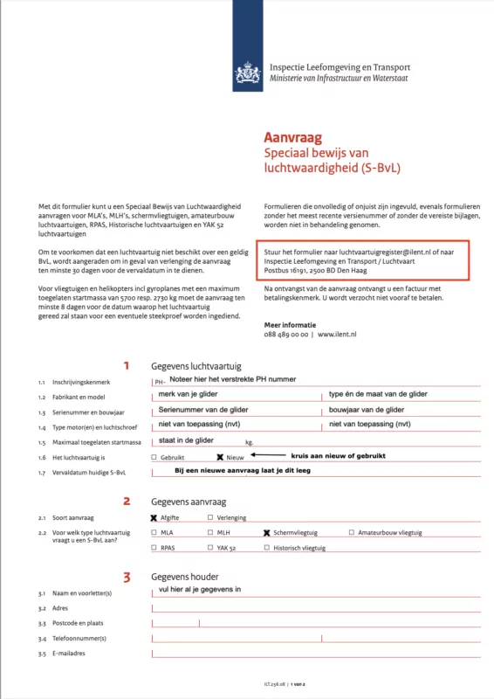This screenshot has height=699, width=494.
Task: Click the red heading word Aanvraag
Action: pos(293,137)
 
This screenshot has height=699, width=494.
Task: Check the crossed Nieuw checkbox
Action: pos(220,457)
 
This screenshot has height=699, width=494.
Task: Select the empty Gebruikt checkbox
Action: pos(154,457)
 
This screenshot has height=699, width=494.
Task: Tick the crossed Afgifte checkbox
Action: pos(154,517)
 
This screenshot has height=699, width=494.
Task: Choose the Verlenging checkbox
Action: pos(209,517)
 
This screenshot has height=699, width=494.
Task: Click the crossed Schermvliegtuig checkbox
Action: pos(267,532)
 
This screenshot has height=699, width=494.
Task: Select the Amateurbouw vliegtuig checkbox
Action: pos(352,532)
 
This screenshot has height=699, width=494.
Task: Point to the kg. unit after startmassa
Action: pos(249,443)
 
